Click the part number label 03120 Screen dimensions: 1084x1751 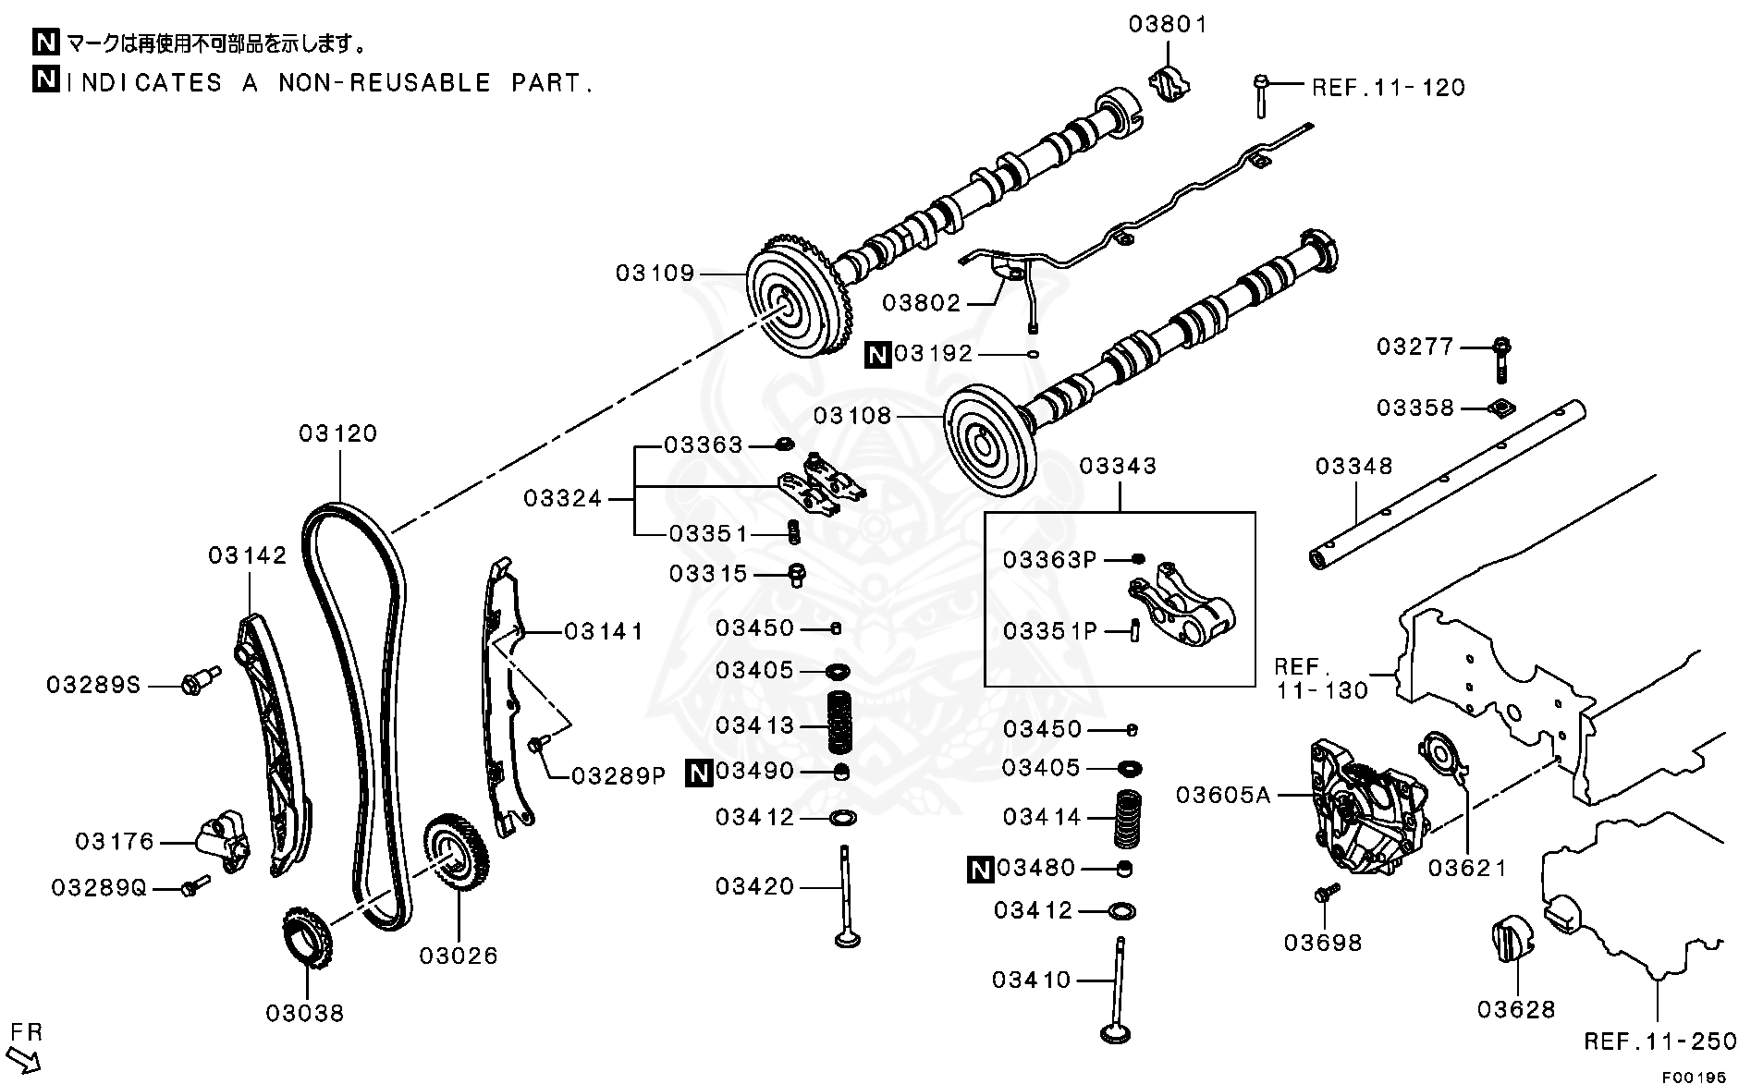click(338, 433)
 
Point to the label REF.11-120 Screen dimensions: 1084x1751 click(1389, 88)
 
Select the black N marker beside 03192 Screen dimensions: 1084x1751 click(877, 354)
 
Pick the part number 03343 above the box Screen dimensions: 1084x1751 click(1118, 466)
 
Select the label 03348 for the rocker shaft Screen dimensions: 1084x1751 click(1353, 467)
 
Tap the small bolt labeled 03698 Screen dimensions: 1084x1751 click(1326, 893)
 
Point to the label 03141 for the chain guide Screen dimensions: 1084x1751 click(603, 631)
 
